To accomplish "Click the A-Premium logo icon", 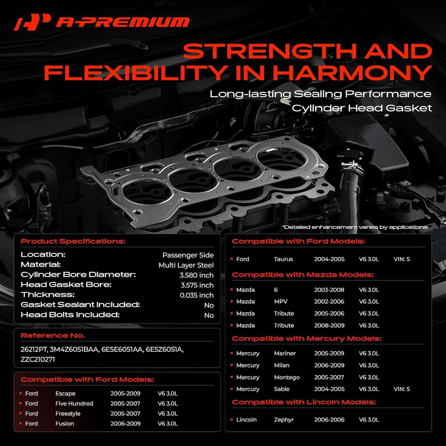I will pos(32,22).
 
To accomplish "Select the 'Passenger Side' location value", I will pos(188,255).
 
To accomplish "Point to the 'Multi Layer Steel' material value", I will pos(186,265).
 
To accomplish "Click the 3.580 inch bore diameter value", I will pos(196,275).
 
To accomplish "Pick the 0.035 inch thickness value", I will pos(197,295).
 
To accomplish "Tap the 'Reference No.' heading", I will pos(53,335).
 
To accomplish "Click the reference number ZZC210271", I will pos(38,359).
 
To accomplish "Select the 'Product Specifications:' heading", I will pos(73,241).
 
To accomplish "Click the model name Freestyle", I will pos(68,414).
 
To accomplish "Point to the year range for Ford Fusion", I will pos(125,423).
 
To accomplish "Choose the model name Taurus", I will pos(283,259).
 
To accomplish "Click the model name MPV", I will pos(281,301).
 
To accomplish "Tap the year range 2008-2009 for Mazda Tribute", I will pos(329,325).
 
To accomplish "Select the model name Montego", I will pos(287,377).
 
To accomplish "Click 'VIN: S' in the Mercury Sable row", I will pos(401,389).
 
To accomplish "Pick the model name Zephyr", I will pos(284,420).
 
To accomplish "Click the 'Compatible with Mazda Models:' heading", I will pos(302,275).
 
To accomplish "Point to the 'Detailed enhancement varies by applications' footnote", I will pos(355,227).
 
